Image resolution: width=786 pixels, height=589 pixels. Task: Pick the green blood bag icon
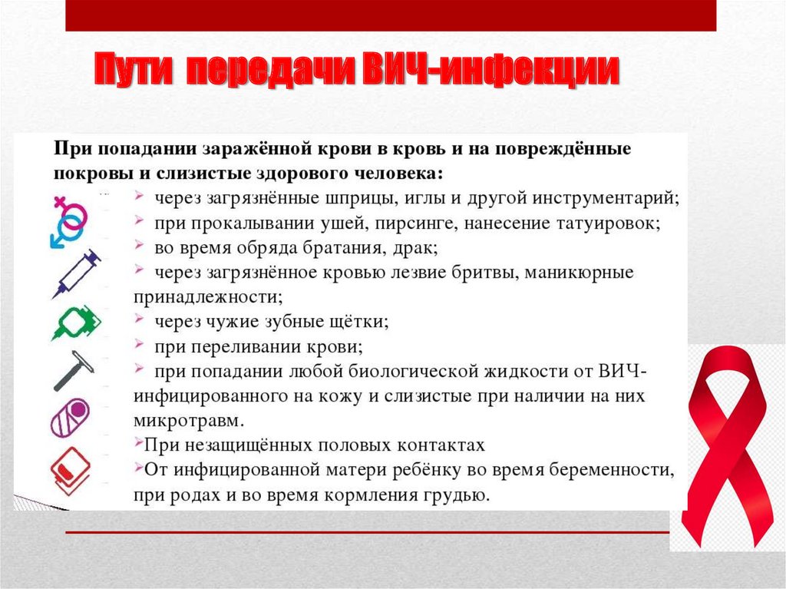76,323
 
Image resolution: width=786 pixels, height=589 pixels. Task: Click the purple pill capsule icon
70,419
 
